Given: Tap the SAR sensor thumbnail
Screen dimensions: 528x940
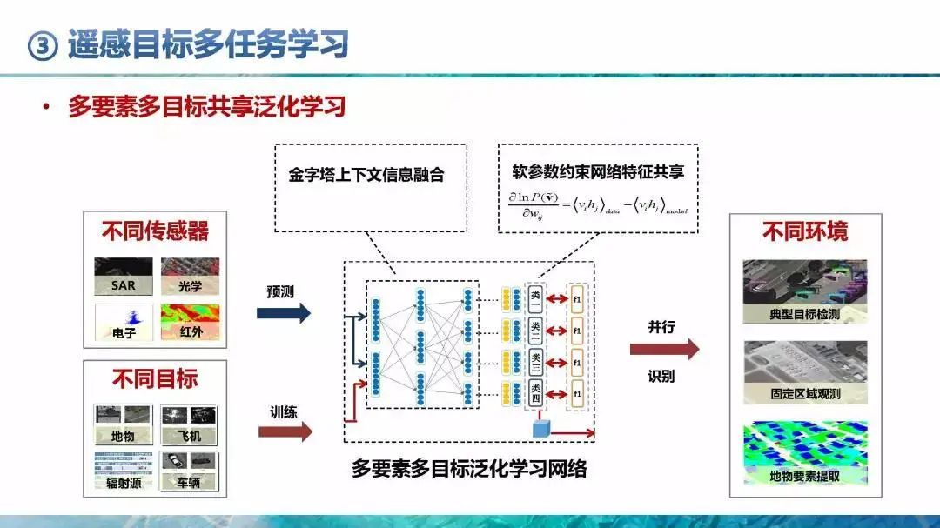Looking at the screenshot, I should point(124,276).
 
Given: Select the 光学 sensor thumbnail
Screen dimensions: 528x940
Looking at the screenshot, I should point(190,276).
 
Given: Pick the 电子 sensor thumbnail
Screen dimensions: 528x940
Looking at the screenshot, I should point(124,322).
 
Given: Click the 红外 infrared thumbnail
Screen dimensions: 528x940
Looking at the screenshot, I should point(190,322).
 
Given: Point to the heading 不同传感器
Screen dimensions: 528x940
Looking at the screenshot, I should point(155,231).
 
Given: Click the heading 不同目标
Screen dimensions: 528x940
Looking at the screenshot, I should point(155,378).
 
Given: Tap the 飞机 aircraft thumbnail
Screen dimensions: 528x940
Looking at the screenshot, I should point(190,424).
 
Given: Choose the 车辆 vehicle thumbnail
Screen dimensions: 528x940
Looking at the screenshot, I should point(190,471).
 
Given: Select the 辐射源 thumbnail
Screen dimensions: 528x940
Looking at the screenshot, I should point(123,471).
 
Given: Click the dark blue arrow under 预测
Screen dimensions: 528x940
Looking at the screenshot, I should point(283,314).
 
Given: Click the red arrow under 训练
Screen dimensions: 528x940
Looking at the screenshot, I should point(285,431).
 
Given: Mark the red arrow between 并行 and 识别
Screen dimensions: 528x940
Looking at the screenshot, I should point(664,350).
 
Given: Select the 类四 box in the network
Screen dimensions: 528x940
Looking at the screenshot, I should point(536,393).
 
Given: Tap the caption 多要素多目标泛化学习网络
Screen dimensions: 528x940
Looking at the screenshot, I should point(469,469).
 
